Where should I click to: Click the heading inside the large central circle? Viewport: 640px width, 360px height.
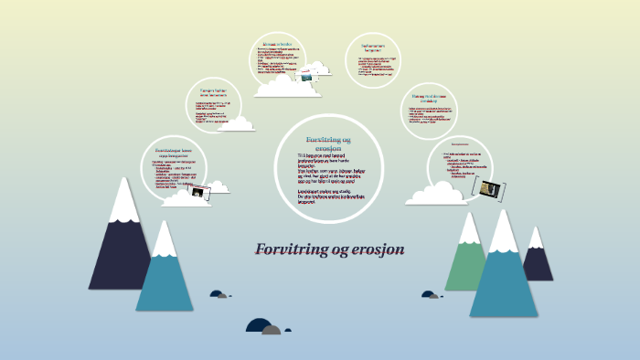[327, 143]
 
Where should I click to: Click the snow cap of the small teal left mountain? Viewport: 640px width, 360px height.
[165, 240]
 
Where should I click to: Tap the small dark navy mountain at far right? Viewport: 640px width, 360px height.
[538, 258]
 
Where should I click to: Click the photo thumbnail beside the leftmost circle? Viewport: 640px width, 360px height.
[218, 187]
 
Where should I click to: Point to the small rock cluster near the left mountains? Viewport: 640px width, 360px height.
[219, 294]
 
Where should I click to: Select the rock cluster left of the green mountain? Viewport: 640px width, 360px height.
[430, 295]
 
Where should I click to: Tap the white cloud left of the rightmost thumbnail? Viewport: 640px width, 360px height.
[437, 195]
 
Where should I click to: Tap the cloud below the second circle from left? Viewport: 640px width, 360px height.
[236, 123]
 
